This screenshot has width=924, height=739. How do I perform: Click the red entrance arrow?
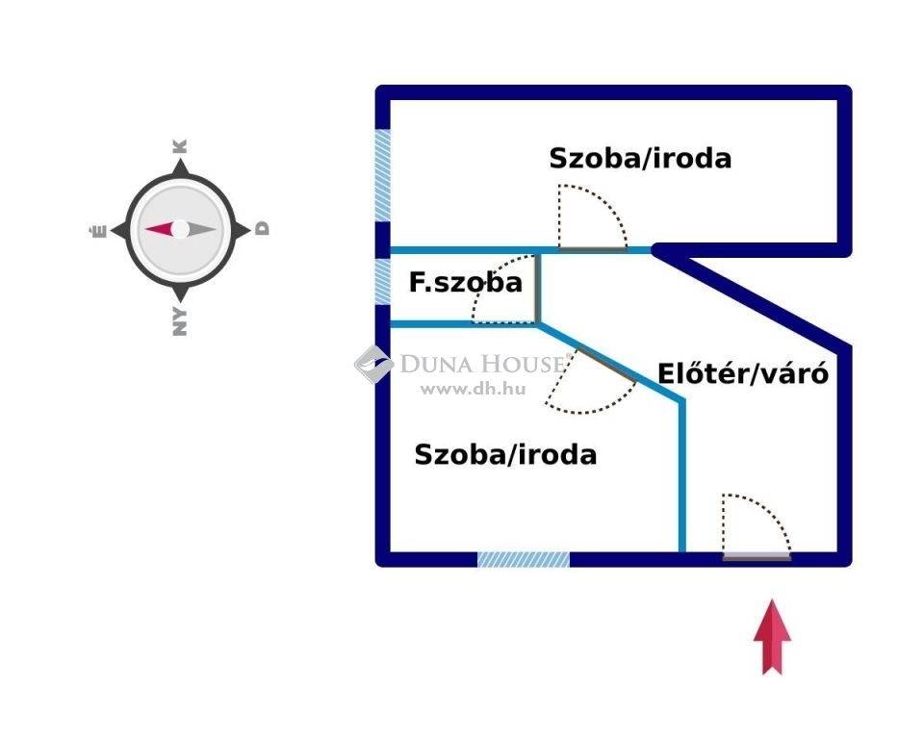772,637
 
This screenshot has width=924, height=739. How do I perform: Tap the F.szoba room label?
466,283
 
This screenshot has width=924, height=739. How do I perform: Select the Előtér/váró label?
742,373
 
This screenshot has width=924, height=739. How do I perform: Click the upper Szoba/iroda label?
640,158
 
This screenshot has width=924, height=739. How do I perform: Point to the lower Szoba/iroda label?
505,454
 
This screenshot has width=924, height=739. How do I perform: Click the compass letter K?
180,147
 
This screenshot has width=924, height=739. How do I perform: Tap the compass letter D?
263,229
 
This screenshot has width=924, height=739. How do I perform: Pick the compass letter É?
96,230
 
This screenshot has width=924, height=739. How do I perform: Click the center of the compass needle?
180,230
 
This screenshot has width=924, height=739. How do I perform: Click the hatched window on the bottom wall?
524,558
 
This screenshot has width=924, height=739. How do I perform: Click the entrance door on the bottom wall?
757,554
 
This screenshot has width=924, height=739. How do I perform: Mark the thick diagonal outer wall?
756,297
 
